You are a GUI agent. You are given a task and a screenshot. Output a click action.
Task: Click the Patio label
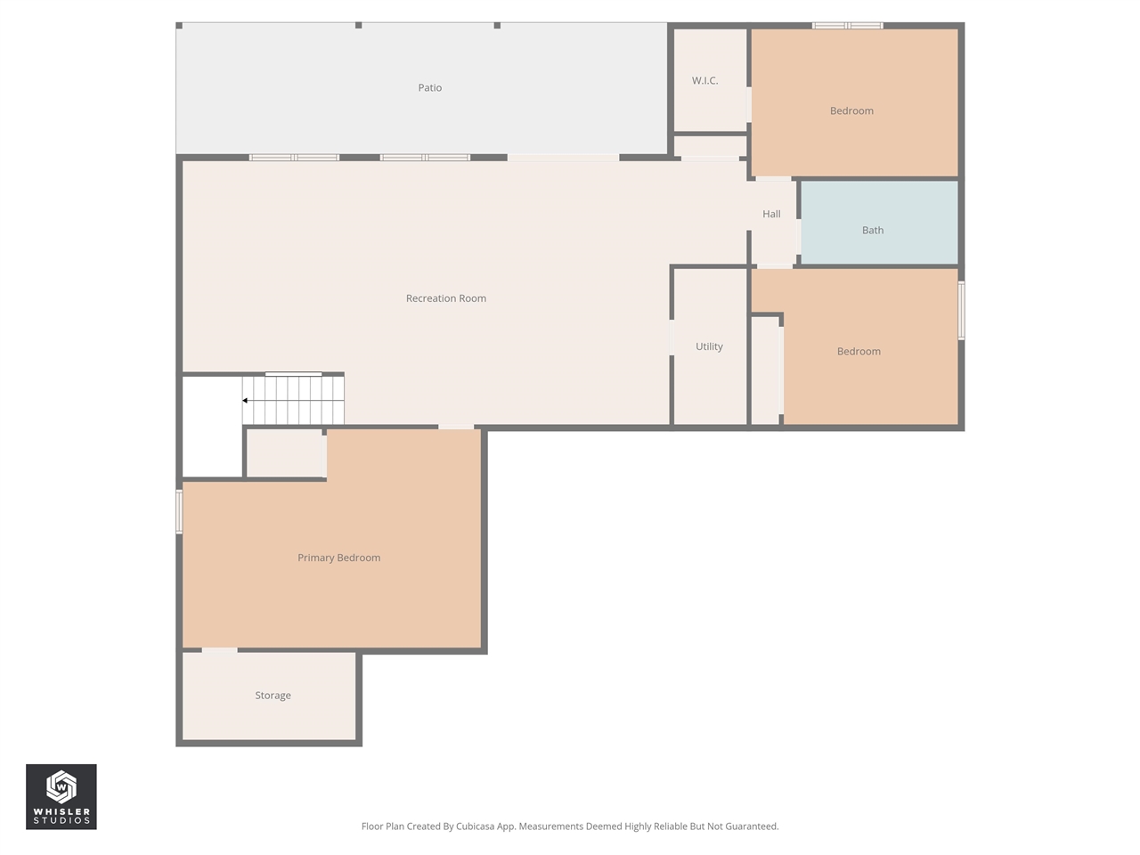tap(430, 87)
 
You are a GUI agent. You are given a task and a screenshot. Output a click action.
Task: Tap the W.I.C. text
tap(704, 81)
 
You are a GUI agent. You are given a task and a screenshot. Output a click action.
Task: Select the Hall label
tap(771, 214)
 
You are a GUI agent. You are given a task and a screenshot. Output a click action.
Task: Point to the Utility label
tap(709, 346)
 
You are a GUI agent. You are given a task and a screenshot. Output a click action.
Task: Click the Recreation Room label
tap(445, 298)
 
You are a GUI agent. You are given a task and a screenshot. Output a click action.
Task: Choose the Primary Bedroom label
tap(338, 558)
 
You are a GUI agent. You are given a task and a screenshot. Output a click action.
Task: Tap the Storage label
tap(273, 696)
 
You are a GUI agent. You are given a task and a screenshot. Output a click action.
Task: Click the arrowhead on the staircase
tap(245, 401)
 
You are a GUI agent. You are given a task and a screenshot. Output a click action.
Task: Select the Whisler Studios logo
tap(61, 796)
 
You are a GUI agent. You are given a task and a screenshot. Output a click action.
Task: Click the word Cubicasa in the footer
tap(476, 826)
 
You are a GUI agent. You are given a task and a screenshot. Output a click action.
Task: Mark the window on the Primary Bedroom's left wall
tap(179, 512)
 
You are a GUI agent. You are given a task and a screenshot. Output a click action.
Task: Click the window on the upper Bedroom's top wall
tap(847, 25)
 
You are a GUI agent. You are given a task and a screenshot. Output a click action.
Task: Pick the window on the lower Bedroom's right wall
tap(961, 311)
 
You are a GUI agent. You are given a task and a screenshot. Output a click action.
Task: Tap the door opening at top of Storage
tap(219, 651)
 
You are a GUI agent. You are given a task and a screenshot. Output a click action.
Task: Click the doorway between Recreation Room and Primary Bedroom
tap(456, 427)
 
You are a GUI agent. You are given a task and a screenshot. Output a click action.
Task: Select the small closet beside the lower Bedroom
tap(765, 370)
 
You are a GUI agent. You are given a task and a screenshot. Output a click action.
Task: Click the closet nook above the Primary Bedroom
tap(285, 453)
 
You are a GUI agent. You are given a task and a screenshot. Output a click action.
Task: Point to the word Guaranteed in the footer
tap(753, 826)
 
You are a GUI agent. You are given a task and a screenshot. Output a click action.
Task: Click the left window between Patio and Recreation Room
tap(294, 158)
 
